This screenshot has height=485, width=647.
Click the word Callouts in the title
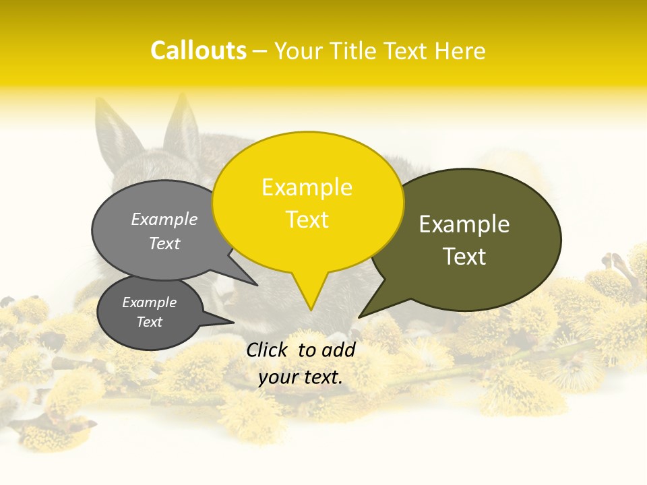[x=198, y=51]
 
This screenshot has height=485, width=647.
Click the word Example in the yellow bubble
[x=307, y=187]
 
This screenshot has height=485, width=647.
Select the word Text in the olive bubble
[x=464, y=257]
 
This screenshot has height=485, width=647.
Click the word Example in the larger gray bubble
[x=164, y=219]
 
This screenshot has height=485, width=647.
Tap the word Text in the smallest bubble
[x=150, y=322]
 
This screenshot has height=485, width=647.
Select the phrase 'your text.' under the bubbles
[x=301, y=377]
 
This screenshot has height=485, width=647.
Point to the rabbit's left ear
[x=118, y=131]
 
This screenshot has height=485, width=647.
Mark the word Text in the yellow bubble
[x=307, y=220]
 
